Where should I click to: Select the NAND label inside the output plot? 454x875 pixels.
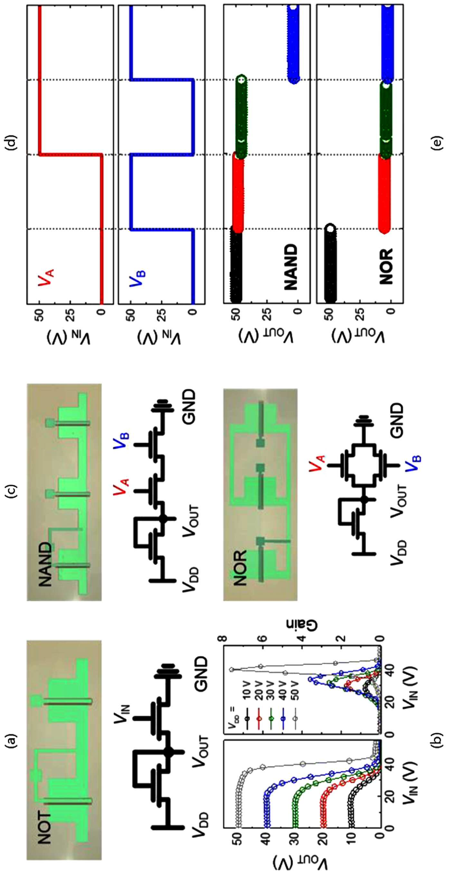[291, 267]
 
